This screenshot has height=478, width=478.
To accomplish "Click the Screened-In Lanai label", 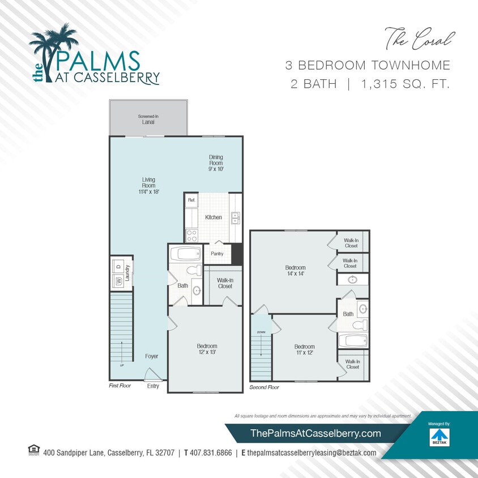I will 148,119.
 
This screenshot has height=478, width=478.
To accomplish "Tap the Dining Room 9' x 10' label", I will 216,163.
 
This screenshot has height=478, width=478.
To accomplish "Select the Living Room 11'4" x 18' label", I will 148,186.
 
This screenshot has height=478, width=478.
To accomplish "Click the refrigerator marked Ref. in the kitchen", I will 191,200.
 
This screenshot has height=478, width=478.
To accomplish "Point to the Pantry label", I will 217,254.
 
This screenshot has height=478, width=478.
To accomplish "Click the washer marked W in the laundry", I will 119,280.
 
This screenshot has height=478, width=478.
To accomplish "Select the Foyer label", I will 151,356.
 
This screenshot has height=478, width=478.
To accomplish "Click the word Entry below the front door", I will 153,386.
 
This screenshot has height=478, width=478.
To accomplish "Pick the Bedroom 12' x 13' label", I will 207,349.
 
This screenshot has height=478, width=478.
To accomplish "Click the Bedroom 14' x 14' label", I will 295,271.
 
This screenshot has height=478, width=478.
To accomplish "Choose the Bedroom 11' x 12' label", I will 304,349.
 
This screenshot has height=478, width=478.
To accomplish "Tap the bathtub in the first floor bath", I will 184,253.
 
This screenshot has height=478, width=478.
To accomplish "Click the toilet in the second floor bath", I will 357,325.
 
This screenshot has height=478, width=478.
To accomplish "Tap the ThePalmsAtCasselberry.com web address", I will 315,433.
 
